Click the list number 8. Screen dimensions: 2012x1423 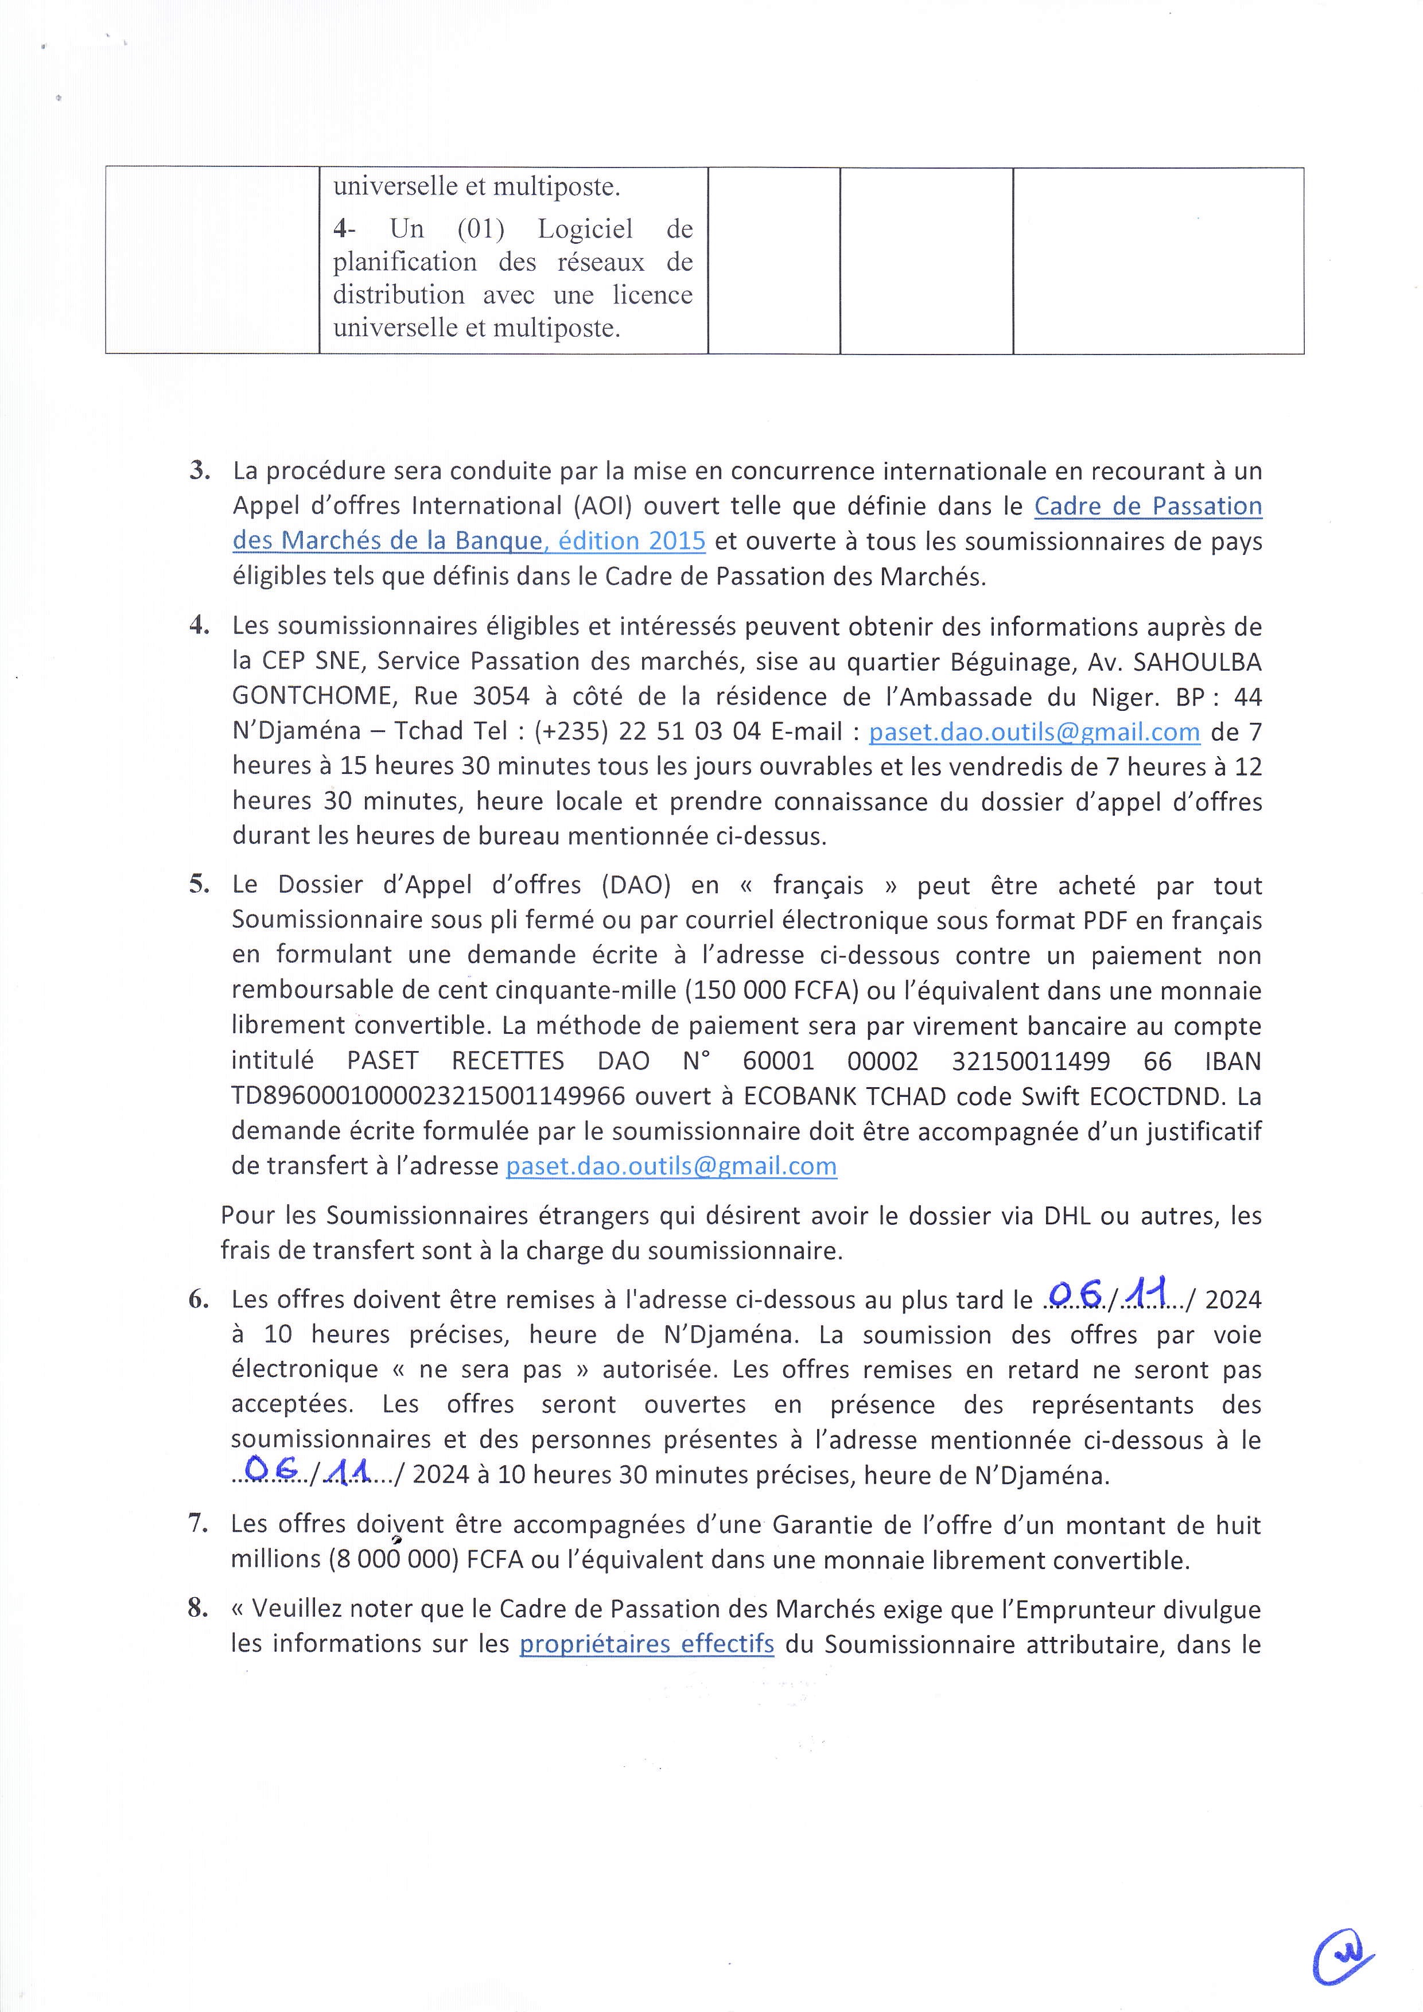tap(198, 1608)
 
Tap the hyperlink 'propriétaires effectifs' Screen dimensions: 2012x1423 tap(647, 1643)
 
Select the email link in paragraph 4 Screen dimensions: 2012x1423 tap(1034, 731)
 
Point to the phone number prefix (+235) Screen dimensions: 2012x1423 tap(570, 731)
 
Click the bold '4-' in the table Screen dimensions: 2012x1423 tap(344, 229)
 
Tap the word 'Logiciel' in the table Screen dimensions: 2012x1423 tap(585, 229)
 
